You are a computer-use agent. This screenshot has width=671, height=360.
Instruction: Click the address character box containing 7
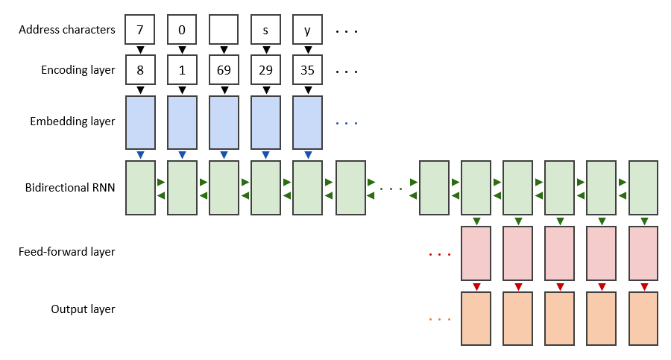pyautogui.click(x=140, y=31)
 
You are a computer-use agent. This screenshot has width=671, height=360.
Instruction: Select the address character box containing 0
pyautogui.click(x=182, y=31)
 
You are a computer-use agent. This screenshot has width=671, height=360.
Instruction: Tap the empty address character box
pyautogui.click(x=224, y=31)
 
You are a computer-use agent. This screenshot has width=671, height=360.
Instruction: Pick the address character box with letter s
pyautogui.click(x=265, y=31)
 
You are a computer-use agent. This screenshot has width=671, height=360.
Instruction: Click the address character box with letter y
pyautogui.click(x=307, y=31)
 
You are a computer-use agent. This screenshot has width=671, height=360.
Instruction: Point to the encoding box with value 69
pyautogui.click(x=224, y=71)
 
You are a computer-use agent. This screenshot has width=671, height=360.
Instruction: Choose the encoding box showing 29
pyautogui.click(x=265, y=71)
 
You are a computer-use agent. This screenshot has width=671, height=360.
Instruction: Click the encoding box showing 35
pyautogui.click(x=307, y=71)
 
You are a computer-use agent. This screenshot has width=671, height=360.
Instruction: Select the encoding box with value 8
pyautogui.click(x=140, y=71)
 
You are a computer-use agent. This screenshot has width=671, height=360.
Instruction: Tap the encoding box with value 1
pyautogui.click(x=182, y=71)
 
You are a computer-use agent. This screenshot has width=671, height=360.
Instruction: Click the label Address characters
pyautogui.click(x=67, y=31)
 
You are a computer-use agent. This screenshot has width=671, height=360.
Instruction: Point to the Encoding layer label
pyautogui.click(x=78, y=71)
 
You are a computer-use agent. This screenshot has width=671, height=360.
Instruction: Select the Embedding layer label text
pyautogui.click(x=73, y=121)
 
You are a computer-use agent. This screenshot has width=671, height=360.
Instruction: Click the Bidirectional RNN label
pyautogui.click(x=70, y=187)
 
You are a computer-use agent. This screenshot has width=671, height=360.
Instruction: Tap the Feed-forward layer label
pyautogui.click(x=67, y=252)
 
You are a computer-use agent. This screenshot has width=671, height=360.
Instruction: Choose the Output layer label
pyautogui.click(x=84, y=309)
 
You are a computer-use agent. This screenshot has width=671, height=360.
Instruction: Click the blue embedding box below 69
pyautogui.click(x=224, y=121)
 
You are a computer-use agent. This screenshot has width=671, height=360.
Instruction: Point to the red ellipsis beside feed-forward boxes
pyautogui.click(x=440, y=255)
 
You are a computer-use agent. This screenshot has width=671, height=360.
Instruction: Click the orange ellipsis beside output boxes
pyautogui.click(x=440, y=320)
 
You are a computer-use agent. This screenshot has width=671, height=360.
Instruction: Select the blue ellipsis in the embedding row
pyautogui.click(x=347, y=123)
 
